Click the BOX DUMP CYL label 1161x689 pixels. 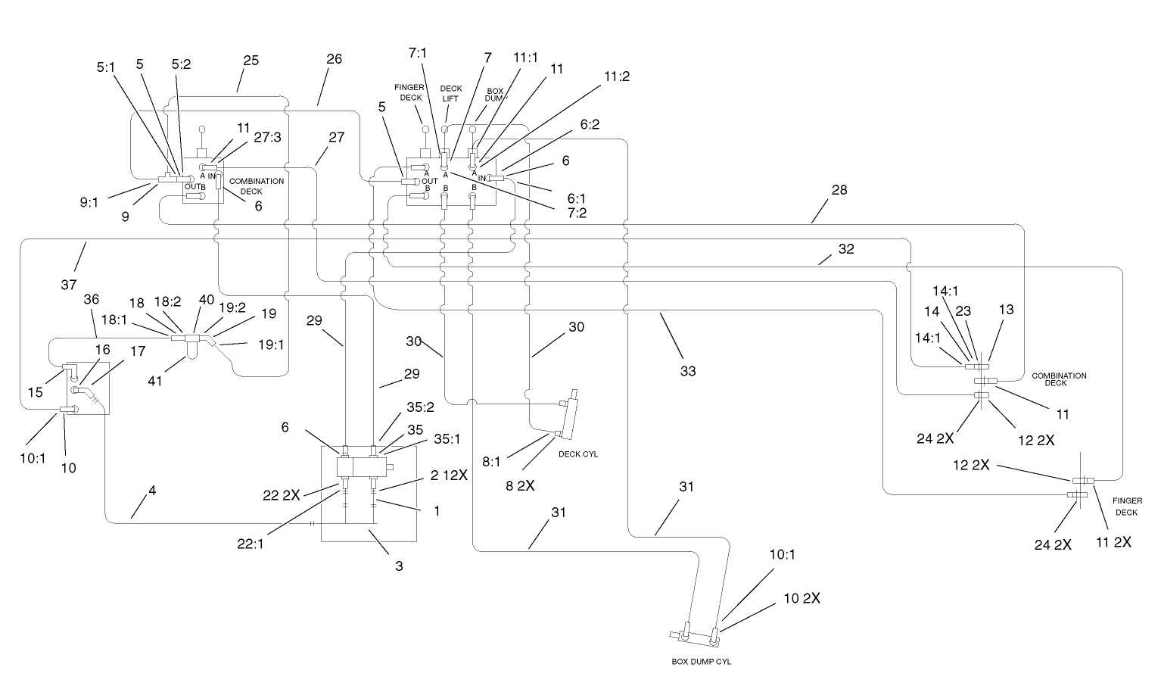(701, 661)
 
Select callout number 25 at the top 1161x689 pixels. (251, 61)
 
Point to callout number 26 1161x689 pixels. (334, 59)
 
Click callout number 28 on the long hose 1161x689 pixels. (839, 190)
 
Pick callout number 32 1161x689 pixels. (846, 248)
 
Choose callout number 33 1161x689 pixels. (687, 371)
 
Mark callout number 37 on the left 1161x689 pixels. (69, 284)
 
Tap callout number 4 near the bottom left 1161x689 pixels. (152, 491)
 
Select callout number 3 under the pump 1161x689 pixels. (399, 566)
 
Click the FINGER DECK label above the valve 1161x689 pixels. (411, 93)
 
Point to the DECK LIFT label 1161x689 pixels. (451, 93)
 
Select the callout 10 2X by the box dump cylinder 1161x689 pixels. (801, 598)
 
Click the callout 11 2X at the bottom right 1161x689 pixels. (1114, 542)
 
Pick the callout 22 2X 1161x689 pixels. (282, 494)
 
